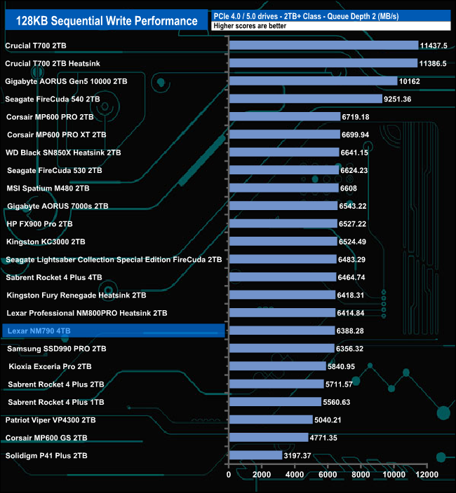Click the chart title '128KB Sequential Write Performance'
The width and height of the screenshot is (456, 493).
point(107,20)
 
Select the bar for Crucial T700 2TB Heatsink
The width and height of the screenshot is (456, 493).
point(323,63)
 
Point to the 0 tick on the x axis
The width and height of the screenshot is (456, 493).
point(229,475)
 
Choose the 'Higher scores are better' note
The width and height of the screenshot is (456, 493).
point(250,26)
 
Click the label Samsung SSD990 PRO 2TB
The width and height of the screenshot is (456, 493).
point(56,348)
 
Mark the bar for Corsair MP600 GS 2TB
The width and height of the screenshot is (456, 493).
point(269,438)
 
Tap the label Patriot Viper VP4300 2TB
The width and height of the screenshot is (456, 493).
point(50,420)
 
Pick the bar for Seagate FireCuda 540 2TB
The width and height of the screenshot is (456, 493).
point(305,99)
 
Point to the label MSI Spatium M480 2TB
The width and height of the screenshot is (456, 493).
point(48,188)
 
